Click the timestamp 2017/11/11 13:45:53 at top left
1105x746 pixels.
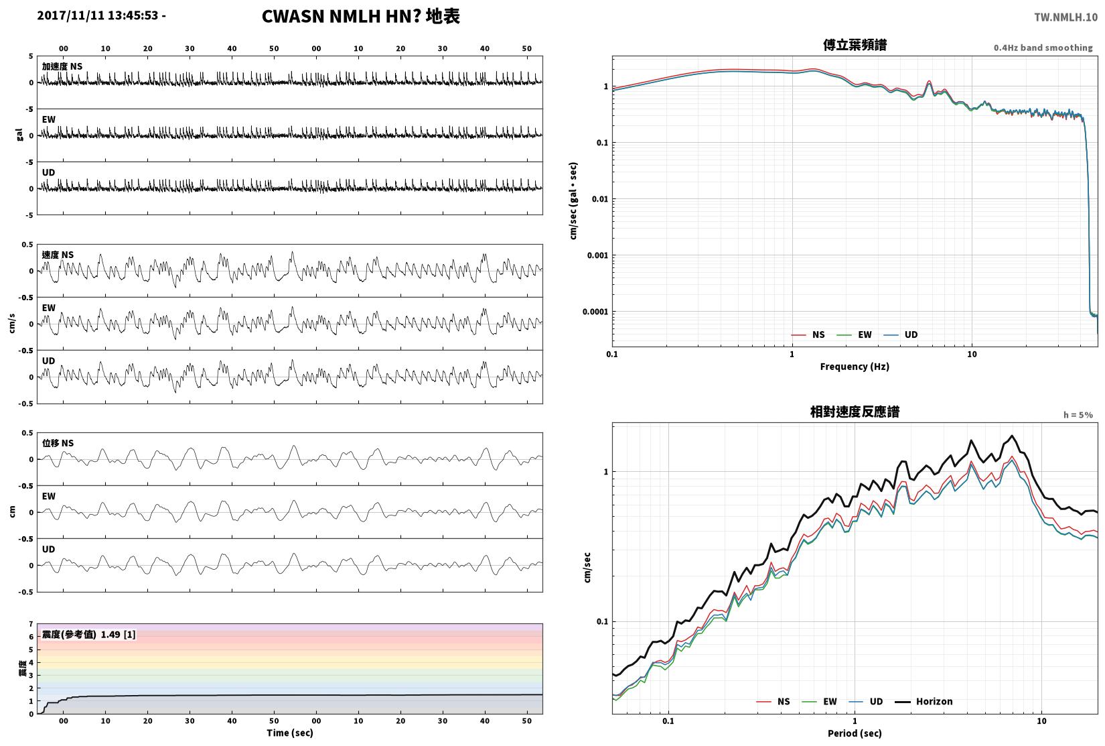[x=98, y=15]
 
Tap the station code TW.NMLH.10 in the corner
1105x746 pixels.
[x=1065, y=17]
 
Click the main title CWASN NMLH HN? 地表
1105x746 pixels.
[x=360, y=16]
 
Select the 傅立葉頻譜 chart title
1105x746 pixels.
[x=855, y=45]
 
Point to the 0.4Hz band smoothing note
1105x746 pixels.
[x=1043, y=48]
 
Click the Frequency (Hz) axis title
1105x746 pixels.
[x=855, y=367]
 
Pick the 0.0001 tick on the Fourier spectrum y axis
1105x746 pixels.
[x=595, y=312]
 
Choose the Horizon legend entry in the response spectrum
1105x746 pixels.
[x=924, y=702]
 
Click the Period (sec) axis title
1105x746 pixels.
[x=855, y=733]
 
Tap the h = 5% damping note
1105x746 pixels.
[x=1078, y=415]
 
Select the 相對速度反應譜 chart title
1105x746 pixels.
[x=855, y=412]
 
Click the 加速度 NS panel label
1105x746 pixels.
[x=62, y=66]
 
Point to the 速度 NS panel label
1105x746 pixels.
[x=58, y=255]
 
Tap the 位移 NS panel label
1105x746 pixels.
[x=58, y=443]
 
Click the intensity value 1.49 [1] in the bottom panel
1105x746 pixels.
[x=118, y=635]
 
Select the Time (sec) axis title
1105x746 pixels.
[x=290, y=733]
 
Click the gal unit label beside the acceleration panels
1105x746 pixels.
[x=19, y=135]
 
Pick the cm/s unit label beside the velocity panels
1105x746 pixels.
[x=12, y=323]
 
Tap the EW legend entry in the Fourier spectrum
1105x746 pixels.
[x=855, y=334]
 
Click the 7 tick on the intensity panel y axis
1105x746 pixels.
[x=31, y=624]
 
